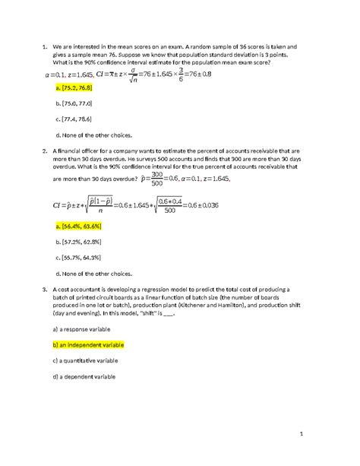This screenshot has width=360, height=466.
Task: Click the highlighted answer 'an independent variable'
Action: pos(88,344)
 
